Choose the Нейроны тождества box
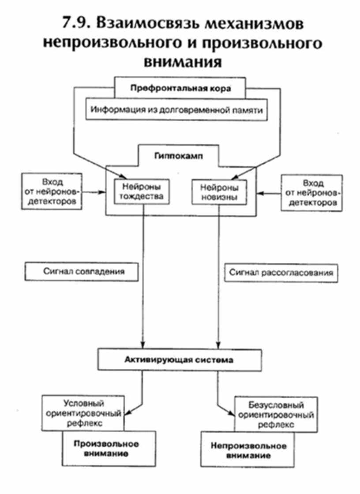(140, 192)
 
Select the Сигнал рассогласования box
(281, 273)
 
